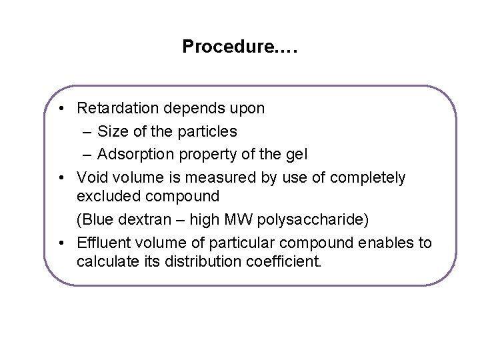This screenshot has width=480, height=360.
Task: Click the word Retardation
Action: pyautogui.click(x=118, y=108)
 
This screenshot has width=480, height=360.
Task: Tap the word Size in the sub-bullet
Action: pyautogui.click(x=112, y=131)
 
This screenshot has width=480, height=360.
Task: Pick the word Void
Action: pyautogui.click(x=92, y=177)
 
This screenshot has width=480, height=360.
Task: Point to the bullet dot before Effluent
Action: pyautogui.click(x=61, y=243)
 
